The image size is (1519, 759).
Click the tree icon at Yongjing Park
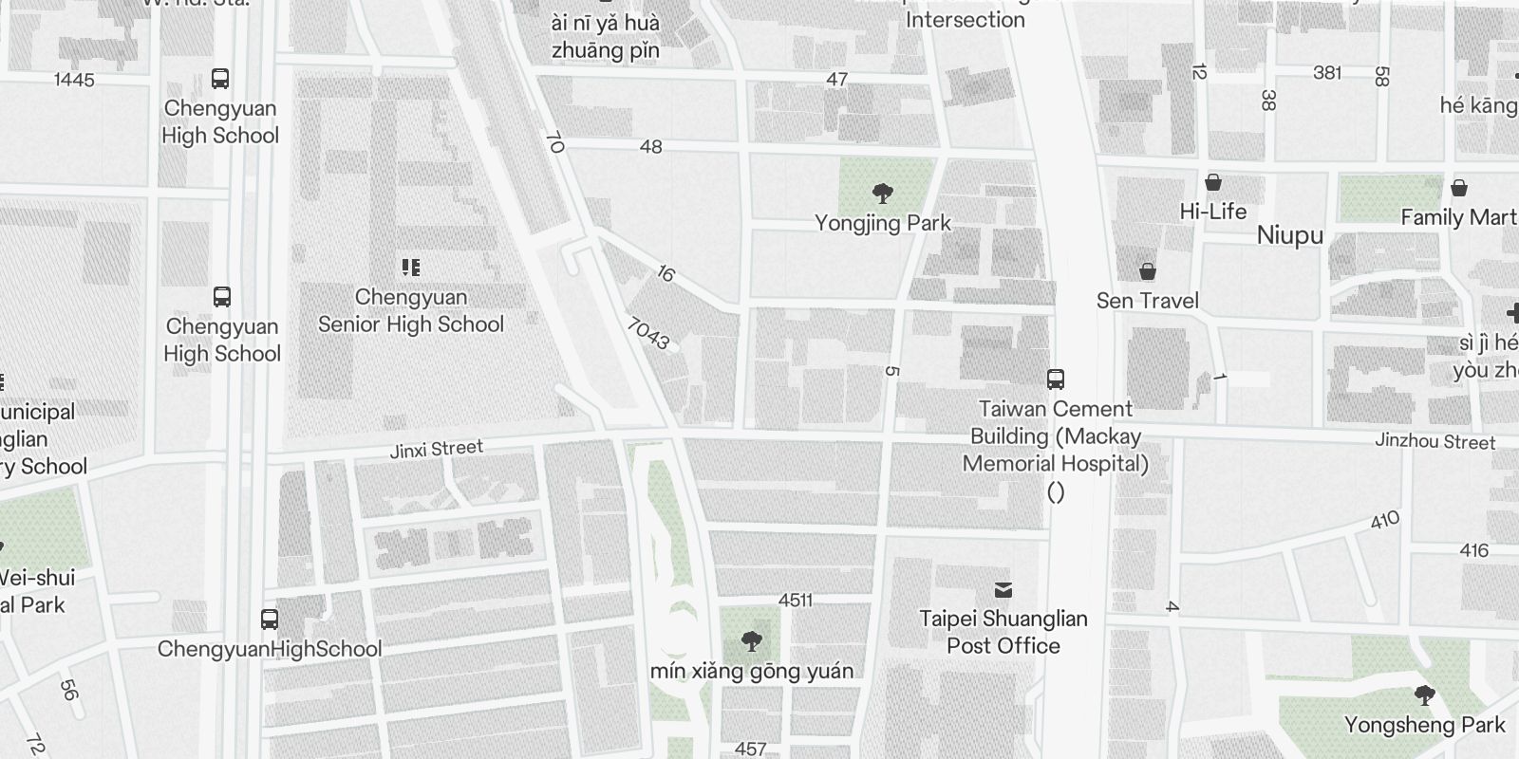tap(883, 194)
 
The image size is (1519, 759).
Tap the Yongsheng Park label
tap(1424, 726)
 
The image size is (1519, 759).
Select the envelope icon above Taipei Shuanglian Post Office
tap(1003, 590)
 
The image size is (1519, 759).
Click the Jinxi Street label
tap(437, 449)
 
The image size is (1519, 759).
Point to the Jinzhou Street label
tap(1435, 441)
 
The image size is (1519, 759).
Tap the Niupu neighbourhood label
tap(1289, 235)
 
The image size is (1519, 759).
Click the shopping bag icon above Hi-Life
tap(1212, 182)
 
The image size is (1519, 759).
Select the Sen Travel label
tap(1147, 301)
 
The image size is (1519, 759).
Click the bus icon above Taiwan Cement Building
tap(1055, 379)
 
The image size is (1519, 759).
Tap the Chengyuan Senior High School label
tap(411, 311)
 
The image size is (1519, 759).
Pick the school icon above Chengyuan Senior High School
tap(410, 268)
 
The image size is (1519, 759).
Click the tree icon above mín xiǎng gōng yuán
tap(751, 641)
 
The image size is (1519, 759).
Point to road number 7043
tap(648, 333)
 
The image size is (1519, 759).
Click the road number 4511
tap(796, 600)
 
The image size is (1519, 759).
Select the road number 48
tap(650, 147)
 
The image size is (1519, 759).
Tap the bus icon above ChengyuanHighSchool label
tap(270, 620)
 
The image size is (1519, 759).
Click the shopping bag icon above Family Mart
tap(1458, 188)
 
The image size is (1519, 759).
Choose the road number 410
tap(1385, 520)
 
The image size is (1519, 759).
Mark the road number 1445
tap(74, 80)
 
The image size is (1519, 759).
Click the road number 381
tap(1327, 73)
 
